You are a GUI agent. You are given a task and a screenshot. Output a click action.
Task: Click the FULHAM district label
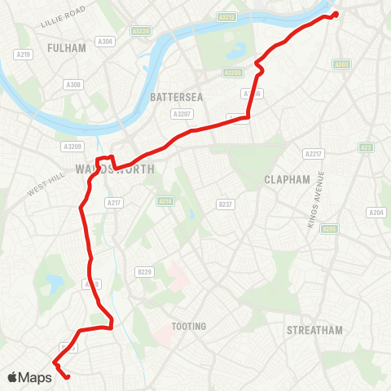67,48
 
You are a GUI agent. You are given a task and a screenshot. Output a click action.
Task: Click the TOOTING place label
189,327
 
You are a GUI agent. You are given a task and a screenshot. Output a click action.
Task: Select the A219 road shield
23,55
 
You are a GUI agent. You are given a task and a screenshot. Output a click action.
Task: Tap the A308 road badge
73,85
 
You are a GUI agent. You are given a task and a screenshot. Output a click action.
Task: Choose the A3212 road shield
226,16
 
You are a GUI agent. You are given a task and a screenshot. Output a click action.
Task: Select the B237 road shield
226,204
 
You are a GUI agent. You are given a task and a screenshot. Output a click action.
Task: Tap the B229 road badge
145,271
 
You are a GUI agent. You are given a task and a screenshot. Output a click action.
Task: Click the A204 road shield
376,213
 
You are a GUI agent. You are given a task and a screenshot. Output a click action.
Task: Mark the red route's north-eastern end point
336,13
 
